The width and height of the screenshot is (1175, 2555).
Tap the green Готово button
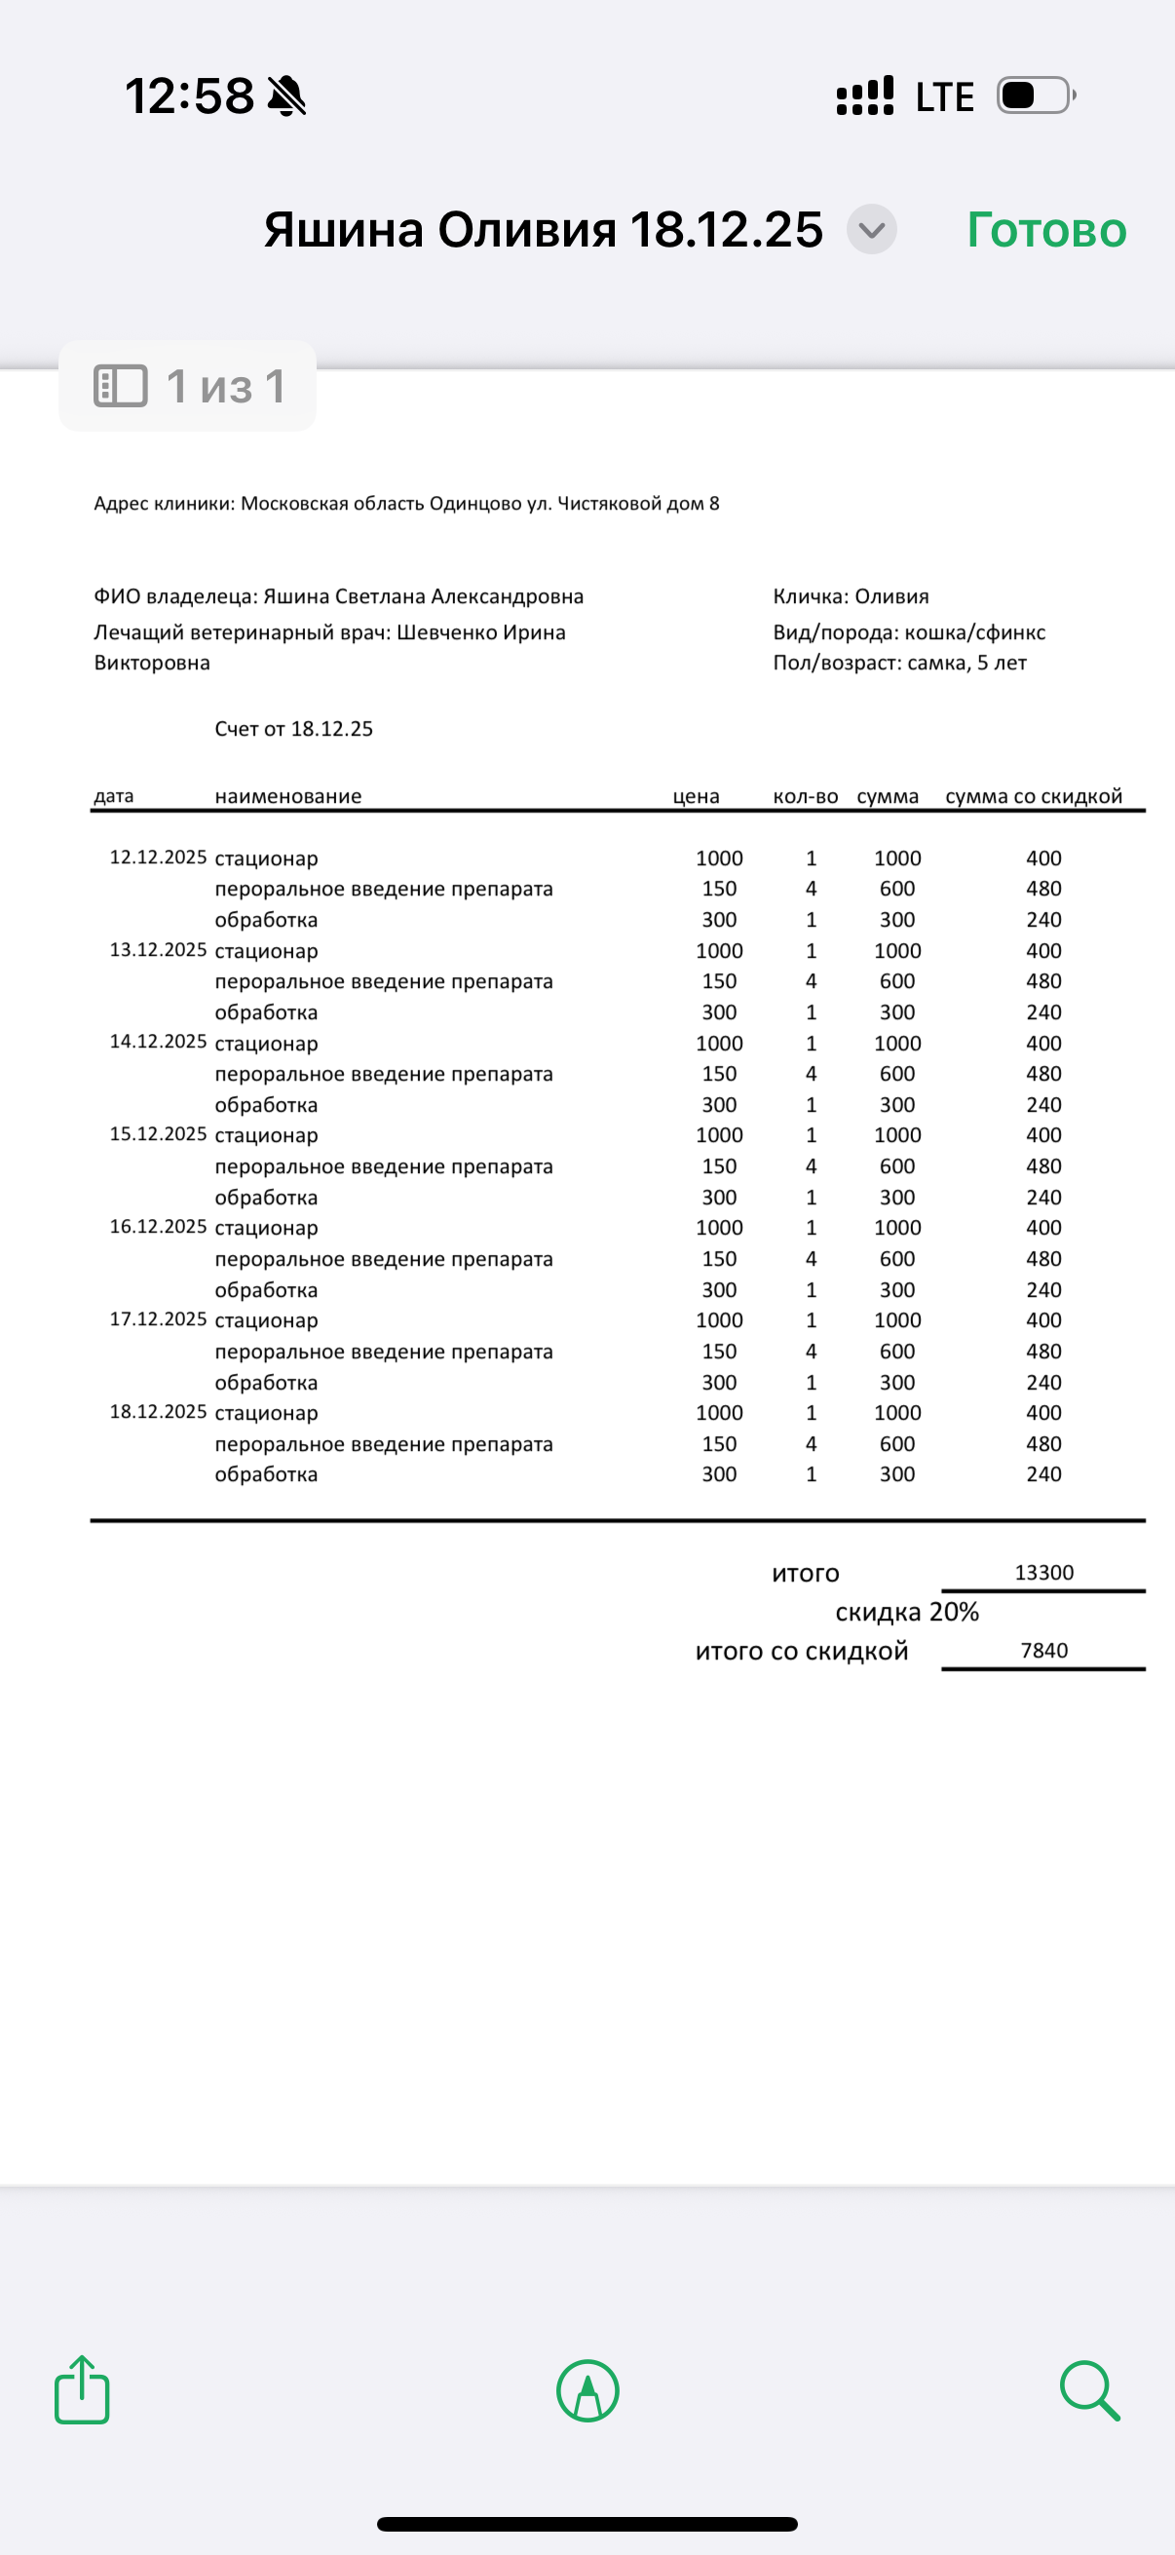pos(1046,230)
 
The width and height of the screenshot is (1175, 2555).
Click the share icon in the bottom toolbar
pos(81,2390)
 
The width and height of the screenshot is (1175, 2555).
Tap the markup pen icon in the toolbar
pos(588,2390)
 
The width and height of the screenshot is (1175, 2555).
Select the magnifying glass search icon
pos(1088,2390)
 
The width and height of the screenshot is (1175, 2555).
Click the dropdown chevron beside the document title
pos(872,230)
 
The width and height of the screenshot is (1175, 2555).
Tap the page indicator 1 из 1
pos(188,386)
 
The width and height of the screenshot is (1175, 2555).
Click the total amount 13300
pos(1044,1572)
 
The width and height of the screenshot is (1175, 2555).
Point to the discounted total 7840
pos(1044,1651)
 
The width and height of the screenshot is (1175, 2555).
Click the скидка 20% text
pos(906,1612)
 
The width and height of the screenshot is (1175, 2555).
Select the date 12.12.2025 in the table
pos(158,857)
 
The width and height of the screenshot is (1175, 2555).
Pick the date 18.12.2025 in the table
pos(158,1411)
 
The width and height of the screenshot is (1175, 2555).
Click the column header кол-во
pos(805,796)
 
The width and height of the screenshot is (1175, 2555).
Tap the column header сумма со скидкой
pos(1033,796)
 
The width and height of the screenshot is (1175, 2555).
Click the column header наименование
pos(287,796)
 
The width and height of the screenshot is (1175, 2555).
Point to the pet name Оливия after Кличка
pos(891,596)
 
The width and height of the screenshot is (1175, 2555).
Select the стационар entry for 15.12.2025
pos(266,1135)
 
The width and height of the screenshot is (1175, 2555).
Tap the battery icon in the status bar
pos(1034,96)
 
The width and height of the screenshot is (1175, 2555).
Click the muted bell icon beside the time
pos(286,96)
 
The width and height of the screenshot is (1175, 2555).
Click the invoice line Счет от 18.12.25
pos(293,729)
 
